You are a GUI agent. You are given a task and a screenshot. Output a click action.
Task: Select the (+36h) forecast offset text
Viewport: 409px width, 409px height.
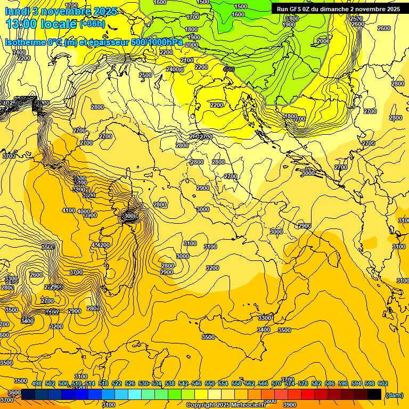click(92, 24)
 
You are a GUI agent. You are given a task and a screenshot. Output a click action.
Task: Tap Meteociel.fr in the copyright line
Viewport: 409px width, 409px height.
click(247, 405)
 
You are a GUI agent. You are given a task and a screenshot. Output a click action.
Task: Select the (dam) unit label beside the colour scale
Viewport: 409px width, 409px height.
click(394, 395)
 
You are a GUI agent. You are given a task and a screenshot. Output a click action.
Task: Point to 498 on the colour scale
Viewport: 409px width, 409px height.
click(37, 384)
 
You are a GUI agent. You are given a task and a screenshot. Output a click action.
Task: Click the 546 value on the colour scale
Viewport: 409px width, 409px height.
click(197, 384)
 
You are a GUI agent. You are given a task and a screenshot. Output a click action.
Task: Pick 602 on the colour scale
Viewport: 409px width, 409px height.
click(383, 384)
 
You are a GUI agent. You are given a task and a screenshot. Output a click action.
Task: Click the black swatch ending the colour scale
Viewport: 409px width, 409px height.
click(374, 394)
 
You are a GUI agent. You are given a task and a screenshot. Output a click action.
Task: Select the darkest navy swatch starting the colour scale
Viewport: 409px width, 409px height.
click(28, 394)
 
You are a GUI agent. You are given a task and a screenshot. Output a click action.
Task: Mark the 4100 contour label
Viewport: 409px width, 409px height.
click(69, 211)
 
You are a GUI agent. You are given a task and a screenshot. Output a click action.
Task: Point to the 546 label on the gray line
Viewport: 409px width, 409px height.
click(229, 69)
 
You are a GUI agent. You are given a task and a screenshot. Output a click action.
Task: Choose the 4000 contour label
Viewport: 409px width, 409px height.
click(84, 212)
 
